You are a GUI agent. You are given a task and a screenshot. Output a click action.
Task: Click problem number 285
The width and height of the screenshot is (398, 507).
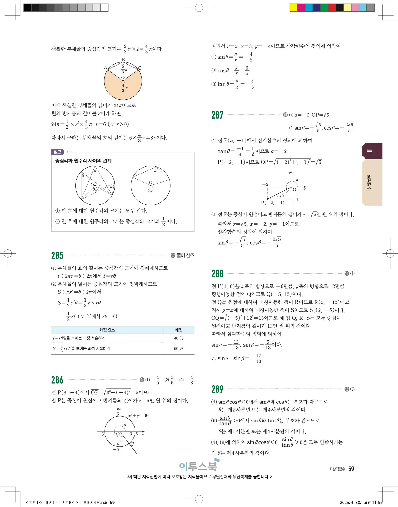tap(57, 255)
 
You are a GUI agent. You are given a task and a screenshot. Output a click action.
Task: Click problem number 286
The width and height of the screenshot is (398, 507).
tap(57, 380)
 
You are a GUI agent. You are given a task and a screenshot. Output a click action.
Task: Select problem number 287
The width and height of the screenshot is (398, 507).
tap(217, 115)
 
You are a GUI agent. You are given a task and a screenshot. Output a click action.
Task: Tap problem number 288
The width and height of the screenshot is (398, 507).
tap(217, 274)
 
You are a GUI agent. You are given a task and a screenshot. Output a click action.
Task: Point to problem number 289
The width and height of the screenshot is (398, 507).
tap(217, 389)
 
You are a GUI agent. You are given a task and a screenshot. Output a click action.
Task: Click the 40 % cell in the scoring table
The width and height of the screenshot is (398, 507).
tap(178, 338)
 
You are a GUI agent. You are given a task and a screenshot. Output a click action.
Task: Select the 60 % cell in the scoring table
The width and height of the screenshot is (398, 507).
tap(178, 348)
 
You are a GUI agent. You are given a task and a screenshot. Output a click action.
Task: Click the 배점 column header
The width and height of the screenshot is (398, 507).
tap(178, 330)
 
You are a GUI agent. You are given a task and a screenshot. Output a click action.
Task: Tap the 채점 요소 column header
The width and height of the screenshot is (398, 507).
tap(107, 330)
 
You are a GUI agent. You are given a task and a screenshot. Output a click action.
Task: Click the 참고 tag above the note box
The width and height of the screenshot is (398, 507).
tap(58, 152)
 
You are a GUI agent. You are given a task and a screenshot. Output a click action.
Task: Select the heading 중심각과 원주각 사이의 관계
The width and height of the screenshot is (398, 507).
tap(83, 161)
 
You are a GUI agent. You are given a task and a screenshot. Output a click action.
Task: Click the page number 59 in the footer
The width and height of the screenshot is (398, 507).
tap(351, 469)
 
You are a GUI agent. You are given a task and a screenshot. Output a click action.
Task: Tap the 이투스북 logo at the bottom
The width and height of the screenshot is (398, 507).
tap(198, 466)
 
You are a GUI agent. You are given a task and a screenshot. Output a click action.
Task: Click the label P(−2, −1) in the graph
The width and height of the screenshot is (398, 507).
tap(272, 203)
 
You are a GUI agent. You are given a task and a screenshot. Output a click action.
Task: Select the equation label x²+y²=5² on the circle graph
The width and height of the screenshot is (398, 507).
tap(138, 416)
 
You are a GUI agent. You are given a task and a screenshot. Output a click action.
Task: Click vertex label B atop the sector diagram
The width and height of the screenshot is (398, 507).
tap(123, 60)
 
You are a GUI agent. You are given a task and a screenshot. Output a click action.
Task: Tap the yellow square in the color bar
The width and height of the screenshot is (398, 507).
tap(293, 8)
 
